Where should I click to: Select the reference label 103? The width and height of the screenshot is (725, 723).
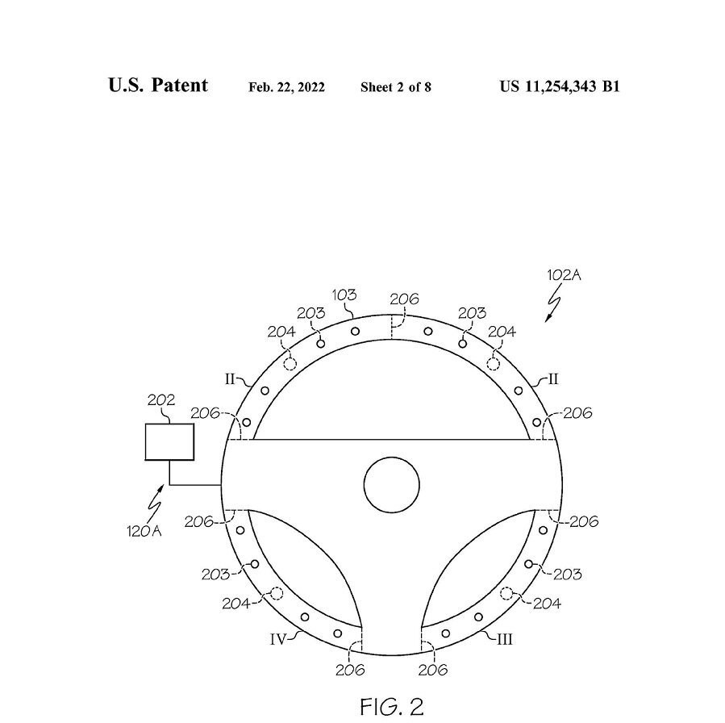click(x=344, y=295)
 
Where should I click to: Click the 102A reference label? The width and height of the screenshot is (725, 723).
click(x=564, y=275)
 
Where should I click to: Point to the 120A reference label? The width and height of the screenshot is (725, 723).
click(x=144, y=532)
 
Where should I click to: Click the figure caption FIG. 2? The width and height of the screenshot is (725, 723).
click(x=392, y=707)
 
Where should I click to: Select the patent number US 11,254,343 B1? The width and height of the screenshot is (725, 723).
click(x=560, y=86)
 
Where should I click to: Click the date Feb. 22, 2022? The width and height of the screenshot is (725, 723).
click(x=286, y=87)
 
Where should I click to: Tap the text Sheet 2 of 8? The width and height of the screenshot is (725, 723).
click(x=396, y=87)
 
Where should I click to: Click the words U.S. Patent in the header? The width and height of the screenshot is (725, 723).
click(x=158, y=85)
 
